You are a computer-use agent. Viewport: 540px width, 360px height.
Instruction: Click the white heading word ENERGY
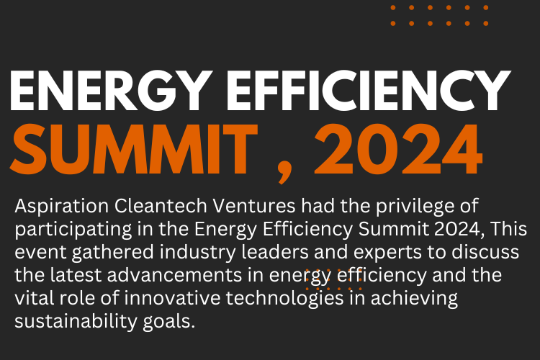point(111,91)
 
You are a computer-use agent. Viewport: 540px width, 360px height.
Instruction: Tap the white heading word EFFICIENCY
point(368,90)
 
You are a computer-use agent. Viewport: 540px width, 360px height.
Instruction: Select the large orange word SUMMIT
point(135,150)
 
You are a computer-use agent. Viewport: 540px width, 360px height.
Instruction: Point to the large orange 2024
point(398,150)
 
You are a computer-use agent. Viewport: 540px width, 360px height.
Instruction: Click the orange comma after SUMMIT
point(284,174)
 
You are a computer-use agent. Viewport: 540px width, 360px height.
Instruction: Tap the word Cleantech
point(161,206)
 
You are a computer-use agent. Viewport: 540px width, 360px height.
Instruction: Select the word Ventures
point(254,206)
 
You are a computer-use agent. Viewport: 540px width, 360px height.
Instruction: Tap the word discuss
point(485,252)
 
